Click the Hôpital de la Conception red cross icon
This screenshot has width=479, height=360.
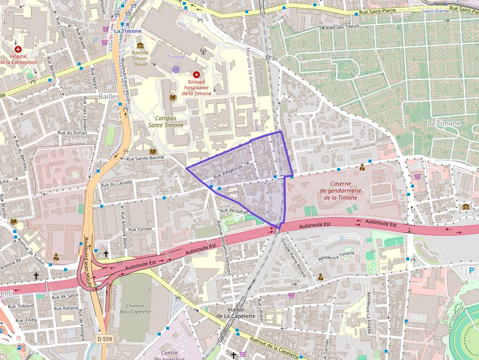point(18,49)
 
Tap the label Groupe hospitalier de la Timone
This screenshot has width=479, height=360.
point(196,87)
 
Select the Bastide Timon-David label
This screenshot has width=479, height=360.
point(140,58)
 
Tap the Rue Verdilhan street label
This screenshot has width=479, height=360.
point(235,212)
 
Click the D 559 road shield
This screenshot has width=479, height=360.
point(104,339)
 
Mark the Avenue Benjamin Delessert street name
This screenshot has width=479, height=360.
point(223,248)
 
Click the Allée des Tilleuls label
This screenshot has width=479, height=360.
point(342,27)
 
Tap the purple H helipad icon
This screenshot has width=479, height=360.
point(175,69)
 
